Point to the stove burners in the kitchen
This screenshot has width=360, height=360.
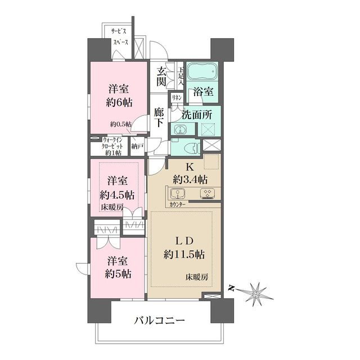(x=206, y=194)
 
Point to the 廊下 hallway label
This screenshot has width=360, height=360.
(x=159, y=117)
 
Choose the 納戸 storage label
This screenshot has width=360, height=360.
(x=137, y=146)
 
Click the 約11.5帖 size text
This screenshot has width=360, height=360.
(x=183, y=253)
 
